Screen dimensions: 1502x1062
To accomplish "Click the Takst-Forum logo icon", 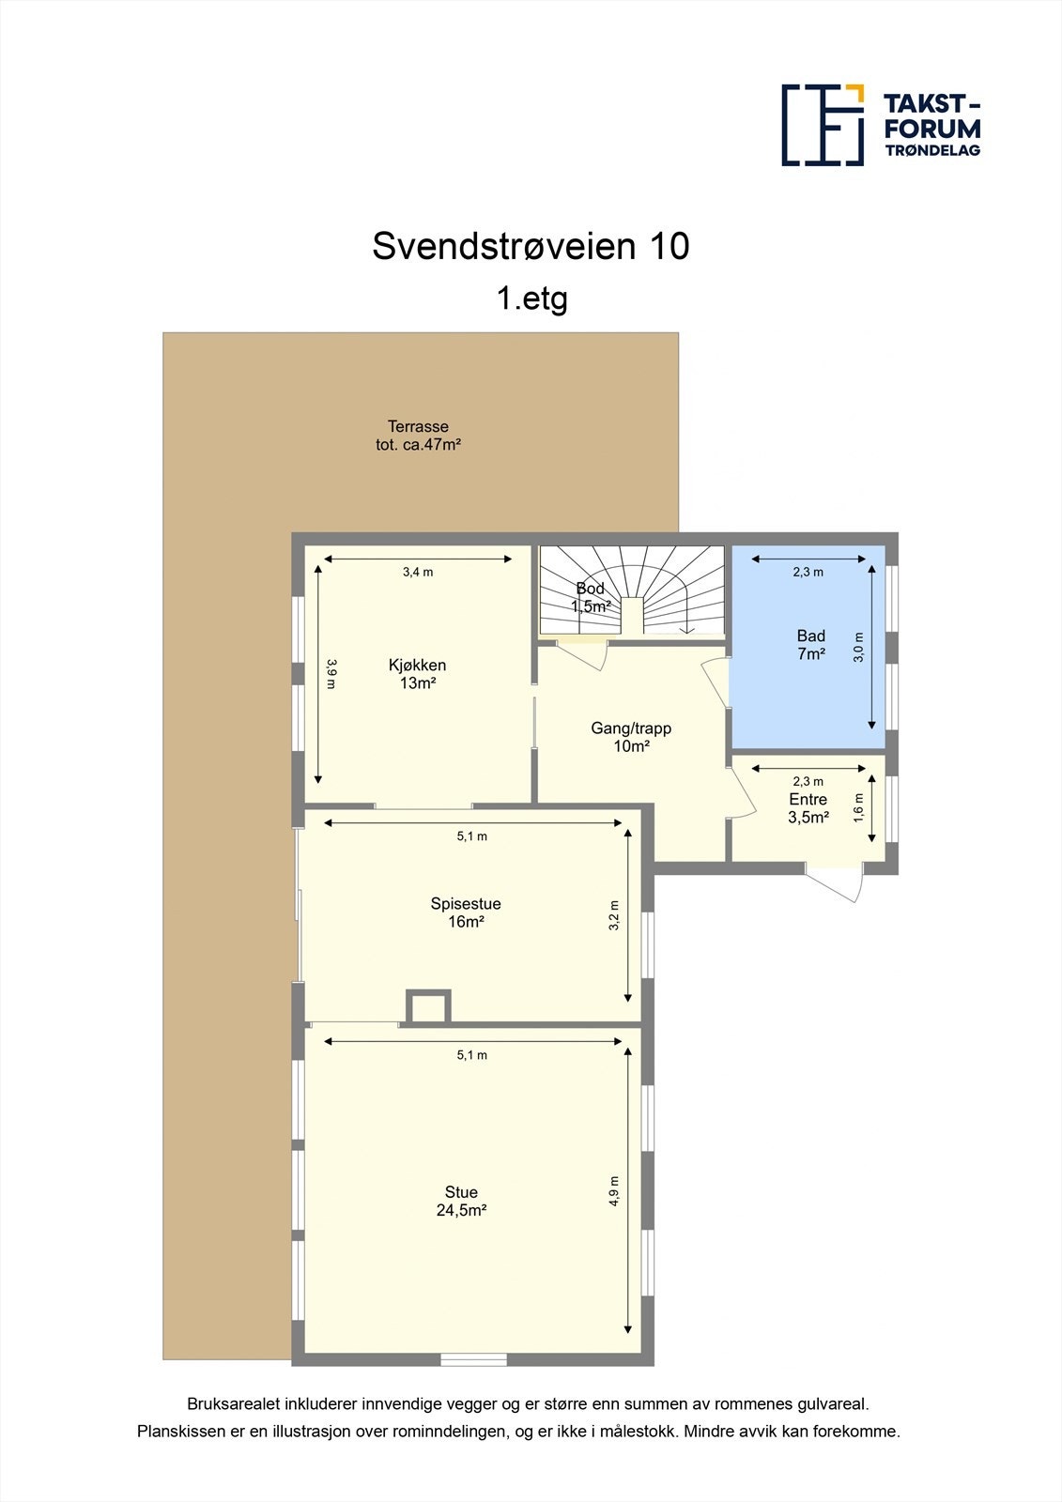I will (x=823, y=125).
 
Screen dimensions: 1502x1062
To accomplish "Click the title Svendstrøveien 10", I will (x=531, y=246).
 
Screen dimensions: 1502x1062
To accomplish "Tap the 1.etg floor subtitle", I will (x=531, y=299).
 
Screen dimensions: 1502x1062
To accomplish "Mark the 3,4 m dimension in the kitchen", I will (x=418, y=572).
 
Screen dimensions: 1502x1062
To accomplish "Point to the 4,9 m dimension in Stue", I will (x=614, y=1190).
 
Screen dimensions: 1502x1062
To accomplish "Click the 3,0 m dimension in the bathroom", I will (x=858, y=648).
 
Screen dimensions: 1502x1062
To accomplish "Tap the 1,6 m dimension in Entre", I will (x=858, y=808).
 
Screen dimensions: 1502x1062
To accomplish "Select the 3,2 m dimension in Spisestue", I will (x=614, y=915).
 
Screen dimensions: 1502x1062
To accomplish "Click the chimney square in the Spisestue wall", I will (x=428, y=1007).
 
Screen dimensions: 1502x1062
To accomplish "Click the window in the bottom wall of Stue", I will (x=474, y=1358).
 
